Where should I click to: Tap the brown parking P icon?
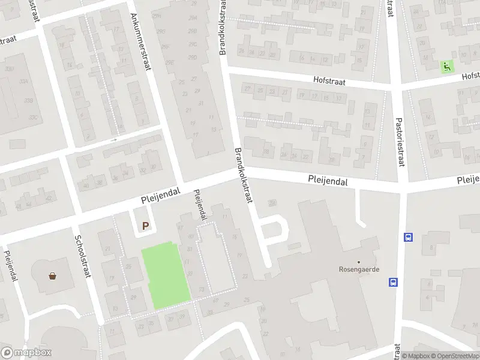(145, 226)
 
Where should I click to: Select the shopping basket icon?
(53, 276)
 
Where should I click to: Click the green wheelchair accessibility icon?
(446, 67)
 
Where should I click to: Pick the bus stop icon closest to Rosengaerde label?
(394, 282)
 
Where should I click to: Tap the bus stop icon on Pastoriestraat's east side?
(409, 236)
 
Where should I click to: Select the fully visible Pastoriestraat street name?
(400, 140)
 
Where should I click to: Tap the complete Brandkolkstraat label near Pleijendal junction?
(245, 178)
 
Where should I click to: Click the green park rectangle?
(165, 275)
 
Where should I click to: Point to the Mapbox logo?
(26, 353)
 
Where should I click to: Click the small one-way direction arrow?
(114, 140)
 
